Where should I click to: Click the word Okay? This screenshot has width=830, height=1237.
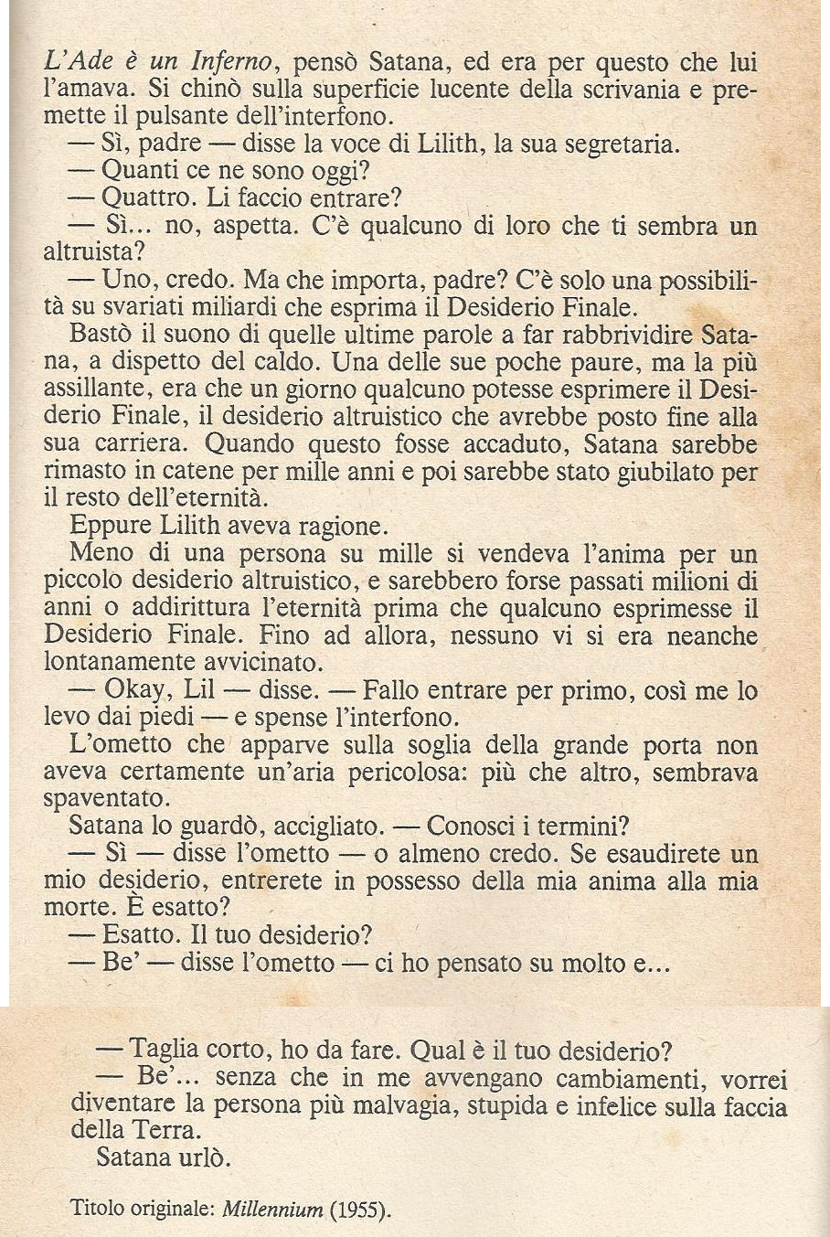[x=134, y=691]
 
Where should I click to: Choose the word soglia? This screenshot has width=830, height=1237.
[x=470, y=744]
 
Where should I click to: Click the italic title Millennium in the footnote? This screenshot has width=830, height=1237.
[x=272, y=1210]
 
